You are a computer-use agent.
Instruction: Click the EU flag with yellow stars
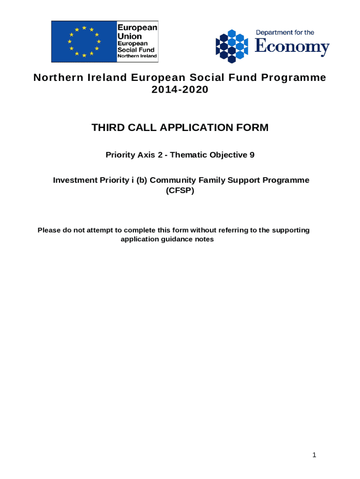click(84, 41)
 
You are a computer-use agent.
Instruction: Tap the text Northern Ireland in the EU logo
click(137, 56)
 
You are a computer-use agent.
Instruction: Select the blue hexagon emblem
click(231, 46)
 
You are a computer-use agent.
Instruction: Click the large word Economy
click(292, 47)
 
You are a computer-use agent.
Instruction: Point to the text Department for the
click(285, 33)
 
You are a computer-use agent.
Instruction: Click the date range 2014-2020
click(180, 90)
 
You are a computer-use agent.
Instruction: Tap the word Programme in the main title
click(297, 78)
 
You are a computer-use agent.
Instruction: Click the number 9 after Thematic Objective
click(252, 155)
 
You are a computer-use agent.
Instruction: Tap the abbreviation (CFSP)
click(180, 191)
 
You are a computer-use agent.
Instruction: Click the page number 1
click(315, 455)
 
